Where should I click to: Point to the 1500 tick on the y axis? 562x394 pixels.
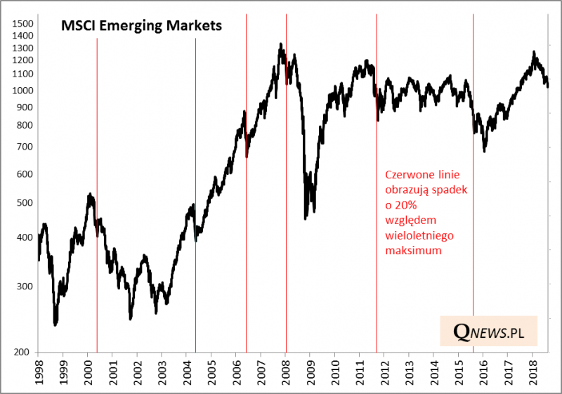23,24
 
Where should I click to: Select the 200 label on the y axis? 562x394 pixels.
23,353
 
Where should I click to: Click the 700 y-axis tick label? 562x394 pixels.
23,147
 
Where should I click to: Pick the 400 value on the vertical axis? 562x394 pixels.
23,237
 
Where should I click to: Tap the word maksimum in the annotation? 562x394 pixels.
414,251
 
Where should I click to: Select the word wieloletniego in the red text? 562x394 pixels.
419,235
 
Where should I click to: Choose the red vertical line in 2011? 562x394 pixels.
377,211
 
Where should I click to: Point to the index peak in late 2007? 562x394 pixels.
281,44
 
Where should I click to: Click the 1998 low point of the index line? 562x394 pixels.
55,324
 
